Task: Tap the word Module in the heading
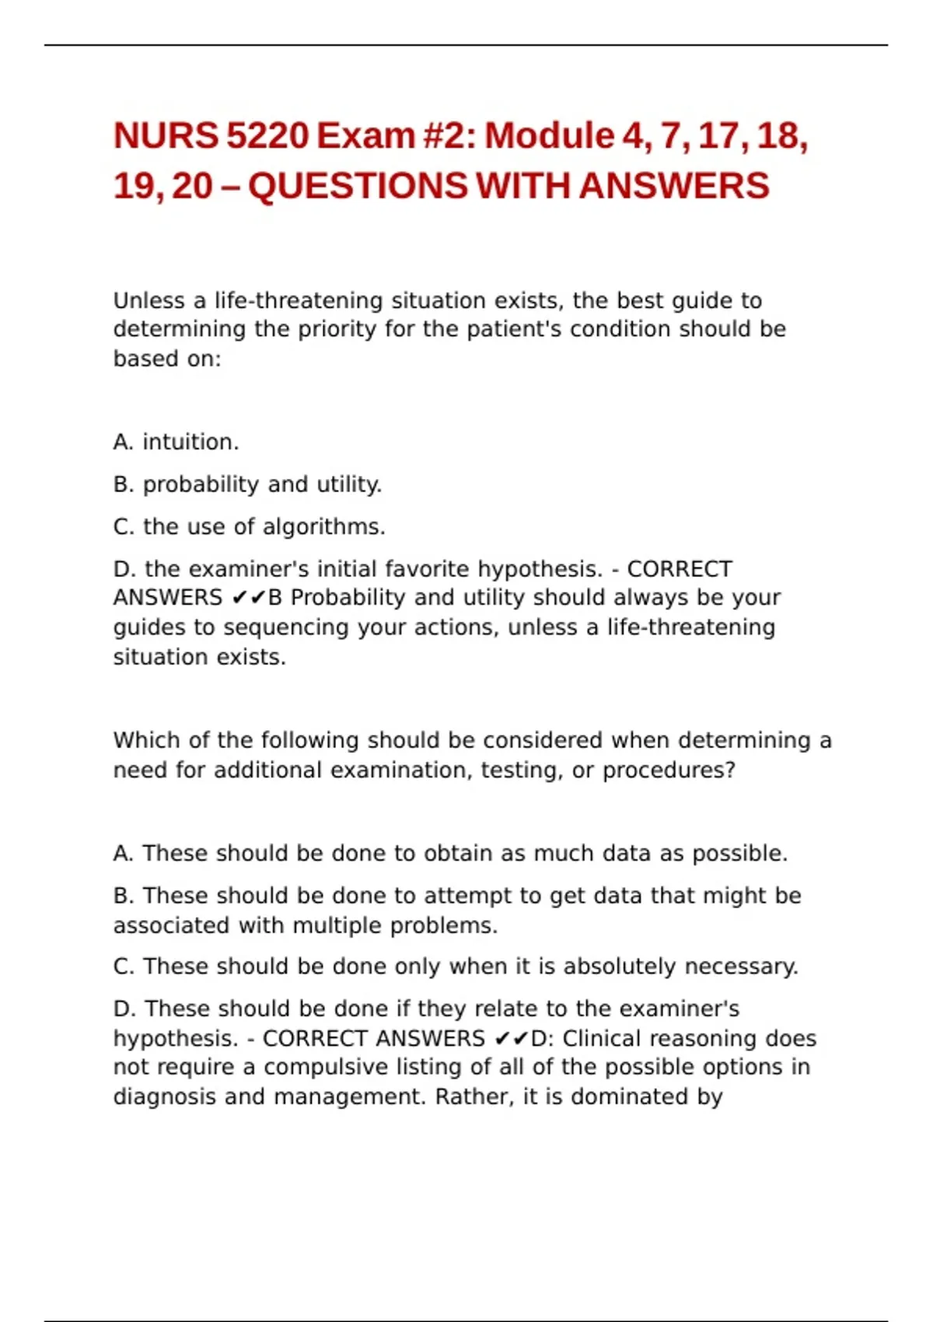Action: (550, 136)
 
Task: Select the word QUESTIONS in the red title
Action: (358, 187)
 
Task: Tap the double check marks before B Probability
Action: (249, 598)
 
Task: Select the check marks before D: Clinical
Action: (512, 1039)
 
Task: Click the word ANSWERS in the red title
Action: (673, 187)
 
